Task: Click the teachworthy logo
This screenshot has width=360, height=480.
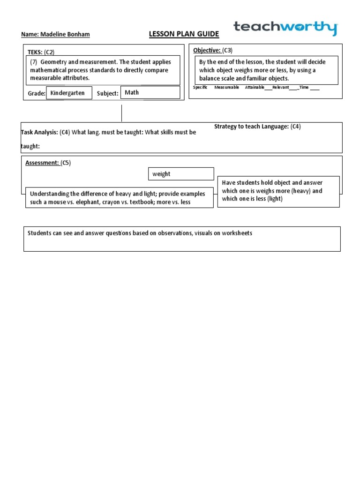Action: tap(285, 28)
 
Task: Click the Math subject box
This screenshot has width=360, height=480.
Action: tap(150, 92)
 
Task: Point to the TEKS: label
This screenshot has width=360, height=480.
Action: tap(35, 52)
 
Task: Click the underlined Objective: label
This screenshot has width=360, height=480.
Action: tap(207, 50)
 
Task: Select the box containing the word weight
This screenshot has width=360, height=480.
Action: tap(180, 174)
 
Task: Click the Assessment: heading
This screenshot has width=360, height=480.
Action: tap(42, 163)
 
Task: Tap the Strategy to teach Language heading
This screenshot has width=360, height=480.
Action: tap(251, 127)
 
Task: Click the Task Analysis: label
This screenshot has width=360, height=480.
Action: tap(39, 132)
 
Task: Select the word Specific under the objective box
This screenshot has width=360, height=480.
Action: tap(200, 87)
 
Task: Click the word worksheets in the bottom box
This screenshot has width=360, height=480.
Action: tap(238, 233)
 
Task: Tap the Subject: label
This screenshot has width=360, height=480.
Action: tap(107, 93)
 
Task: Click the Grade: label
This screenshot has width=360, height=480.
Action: tap(36, 93)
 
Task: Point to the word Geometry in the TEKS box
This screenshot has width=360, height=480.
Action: tap(54, 62)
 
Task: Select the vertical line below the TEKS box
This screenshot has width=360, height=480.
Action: tap(121, 113)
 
